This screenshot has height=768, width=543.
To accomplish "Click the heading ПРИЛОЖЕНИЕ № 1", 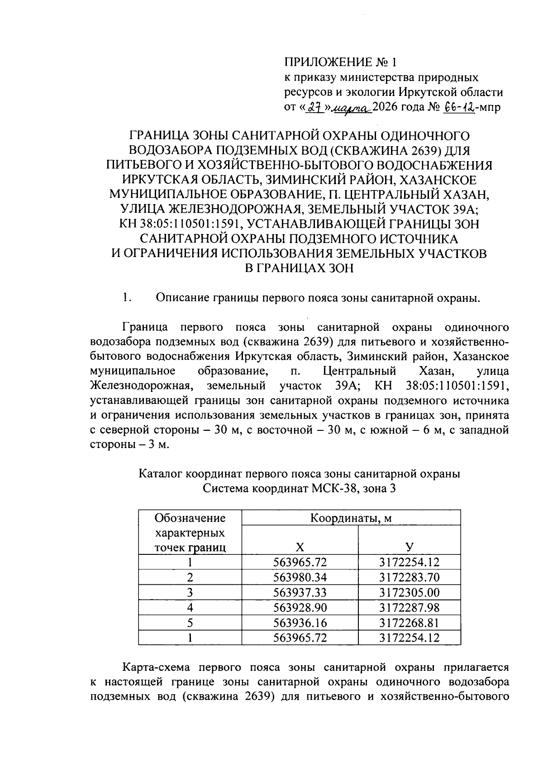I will pyautogui.click(x=343, y=62).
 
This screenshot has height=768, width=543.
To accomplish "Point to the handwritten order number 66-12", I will pyautogui.click(x=459, y=107).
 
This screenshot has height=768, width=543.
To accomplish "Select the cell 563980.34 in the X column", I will pyautogui.click(x=300, y=577).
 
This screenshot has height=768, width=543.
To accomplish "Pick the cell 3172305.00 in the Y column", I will pyautogui.click(x=409, y=592).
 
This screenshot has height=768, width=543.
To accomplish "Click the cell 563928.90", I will pyautogui.click(x=300, y=607).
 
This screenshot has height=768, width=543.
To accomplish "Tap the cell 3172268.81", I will pyautogui.click(x=409, y=623).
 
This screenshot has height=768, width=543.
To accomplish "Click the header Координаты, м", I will pyautogui.click(x=351, y=518).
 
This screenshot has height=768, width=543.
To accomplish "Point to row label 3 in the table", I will pyautogui.click(x=190, y=592).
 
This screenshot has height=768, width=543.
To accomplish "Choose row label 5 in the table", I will pyautogui.click(x=190, y=623).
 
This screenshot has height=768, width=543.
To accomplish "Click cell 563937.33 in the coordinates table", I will pyautogui.click(x=300, y=592).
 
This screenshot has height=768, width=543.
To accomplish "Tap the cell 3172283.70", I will pyautogui.click(x=409, y=577).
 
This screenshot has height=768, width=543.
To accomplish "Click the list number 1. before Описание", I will pyautogui.click(x=126, y=298).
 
